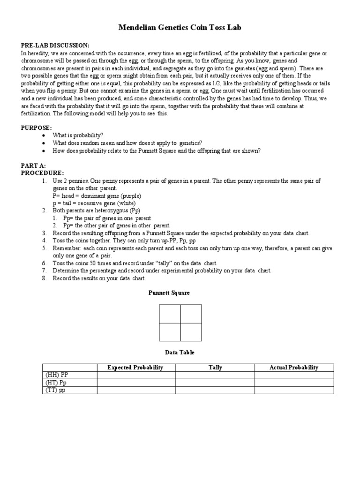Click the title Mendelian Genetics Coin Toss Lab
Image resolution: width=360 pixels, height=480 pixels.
point(180,28)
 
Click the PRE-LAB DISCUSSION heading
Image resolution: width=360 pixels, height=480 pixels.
point(55,45)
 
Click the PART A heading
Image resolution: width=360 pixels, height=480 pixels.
point(33,166)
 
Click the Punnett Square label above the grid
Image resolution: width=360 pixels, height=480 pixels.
point(169,293)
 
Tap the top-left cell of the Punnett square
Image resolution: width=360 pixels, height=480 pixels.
point(170,314)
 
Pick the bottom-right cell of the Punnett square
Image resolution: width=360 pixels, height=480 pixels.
point(191,332)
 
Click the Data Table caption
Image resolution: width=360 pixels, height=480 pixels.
point(180,352)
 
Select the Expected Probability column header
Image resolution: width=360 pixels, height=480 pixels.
point(135,367)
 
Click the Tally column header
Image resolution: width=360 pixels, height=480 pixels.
point(215,367)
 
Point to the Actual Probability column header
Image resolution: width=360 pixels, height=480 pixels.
point(294,367)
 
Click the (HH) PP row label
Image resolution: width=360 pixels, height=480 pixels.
point(57,375)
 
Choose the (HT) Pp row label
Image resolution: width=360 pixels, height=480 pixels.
point(56,382)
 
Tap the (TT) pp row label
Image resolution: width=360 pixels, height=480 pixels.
point(56,390)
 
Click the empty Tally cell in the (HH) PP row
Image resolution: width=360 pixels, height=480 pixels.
point(215,375)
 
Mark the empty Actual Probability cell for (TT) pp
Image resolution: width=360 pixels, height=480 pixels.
point(294,390)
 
